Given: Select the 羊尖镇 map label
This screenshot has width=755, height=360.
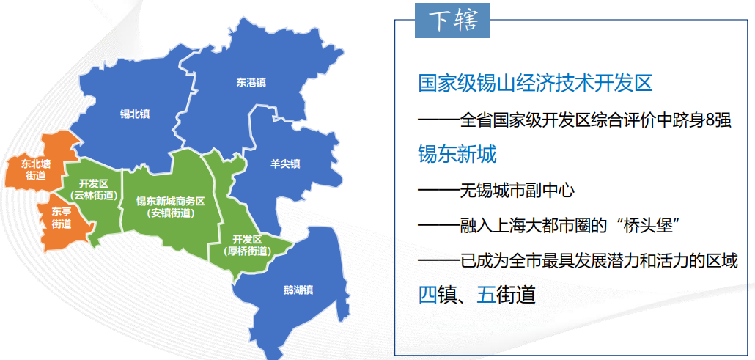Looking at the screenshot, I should pos(285,164).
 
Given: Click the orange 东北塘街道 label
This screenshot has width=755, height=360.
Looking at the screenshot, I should pos(36,169).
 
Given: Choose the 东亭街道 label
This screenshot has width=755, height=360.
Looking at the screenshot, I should pos(62,218).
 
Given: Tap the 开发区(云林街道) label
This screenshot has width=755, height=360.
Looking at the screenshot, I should pos(94,188).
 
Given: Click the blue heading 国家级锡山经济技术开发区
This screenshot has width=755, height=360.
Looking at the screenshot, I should pos(535,83).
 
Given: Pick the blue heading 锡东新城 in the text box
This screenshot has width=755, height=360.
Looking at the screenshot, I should pos(457,154).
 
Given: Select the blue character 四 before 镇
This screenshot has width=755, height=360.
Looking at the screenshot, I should pos(427,295).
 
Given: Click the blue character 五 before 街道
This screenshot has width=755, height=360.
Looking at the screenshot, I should pos(486,295).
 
